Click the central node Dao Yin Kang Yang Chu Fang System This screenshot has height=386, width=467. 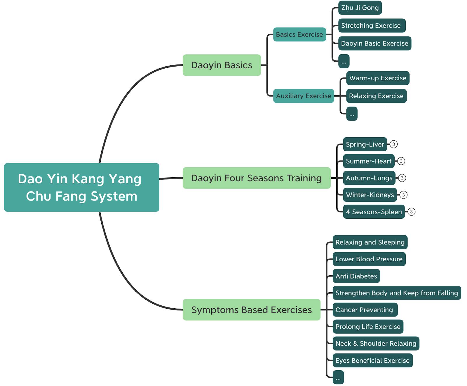click(x=81, y=187)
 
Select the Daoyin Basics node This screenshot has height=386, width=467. click(x=222, y=65)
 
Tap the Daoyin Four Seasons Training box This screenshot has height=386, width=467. click(x=256, y=178)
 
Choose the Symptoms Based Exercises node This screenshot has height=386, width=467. click(x=251, y=310)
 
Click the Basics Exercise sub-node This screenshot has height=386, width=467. click(x=299, y=34)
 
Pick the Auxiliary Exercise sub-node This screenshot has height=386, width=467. click(x=303, y=96)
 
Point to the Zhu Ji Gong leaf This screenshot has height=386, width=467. click(x=360, y=8)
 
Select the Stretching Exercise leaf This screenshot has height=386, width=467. click(x=372, y=26)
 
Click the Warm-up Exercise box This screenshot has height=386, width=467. click(x=377, y=78)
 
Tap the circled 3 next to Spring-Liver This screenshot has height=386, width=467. click(x=393, y=144)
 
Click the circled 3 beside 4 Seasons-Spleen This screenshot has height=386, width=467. click(x=411, y=212)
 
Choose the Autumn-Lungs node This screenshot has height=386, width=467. click(x=369, y=178)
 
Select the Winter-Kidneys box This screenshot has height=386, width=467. click(x=370, y=195)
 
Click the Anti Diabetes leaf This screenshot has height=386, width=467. click(x=356, y=276)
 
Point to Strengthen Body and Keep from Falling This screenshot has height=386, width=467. click(x=396, y=293)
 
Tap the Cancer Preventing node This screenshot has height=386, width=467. click(x=365, y=310)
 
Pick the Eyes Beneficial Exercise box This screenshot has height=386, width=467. click(x=372, y=360)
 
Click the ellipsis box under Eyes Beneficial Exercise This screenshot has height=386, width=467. click(x=338, y=377)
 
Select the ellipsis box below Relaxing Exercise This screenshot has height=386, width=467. click(x=352, y=114)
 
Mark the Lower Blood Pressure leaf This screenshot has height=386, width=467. click(x=369, y=259)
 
